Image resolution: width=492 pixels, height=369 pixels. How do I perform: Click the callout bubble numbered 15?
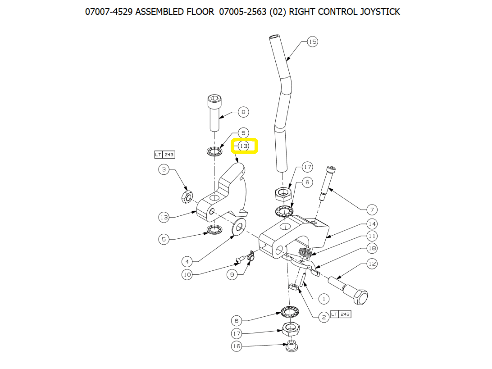[x=312, y=42]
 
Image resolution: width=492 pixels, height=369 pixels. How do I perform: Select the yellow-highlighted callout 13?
[x=244, y=146]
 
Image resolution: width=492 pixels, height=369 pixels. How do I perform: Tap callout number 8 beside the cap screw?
[x=243, y=112]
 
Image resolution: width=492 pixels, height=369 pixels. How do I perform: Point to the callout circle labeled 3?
[x=164, y=170]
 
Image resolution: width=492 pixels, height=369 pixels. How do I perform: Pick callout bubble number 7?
[x=372, y=210]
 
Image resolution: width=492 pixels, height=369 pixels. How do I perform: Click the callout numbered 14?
[x=372, y=224]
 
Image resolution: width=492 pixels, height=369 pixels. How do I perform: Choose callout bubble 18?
[x=372, y=248]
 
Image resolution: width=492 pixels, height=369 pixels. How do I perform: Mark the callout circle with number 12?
[x=372, y=264]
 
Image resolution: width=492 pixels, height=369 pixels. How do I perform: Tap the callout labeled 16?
[x=237, y=346]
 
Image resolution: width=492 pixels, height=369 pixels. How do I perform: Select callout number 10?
[x=187, y=275]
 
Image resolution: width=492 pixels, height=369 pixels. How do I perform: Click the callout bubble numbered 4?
[x=187, y=261]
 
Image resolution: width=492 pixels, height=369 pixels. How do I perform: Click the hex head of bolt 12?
[x=360, y=297]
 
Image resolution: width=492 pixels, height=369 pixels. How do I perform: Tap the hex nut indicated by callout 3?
[x=187, y=197]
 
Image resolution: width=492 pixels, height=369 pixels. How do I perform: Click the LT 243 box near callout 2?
[x=341, y=314]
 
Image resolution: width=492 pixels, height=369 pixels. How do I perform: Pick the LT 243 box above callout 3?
[x=165, y=155]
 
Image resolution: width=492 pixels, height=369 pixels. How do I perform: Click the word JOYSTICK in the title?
[x=380, y=12]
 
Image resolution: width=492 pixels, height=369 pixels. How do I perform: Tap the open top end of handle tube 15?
[x=274, y=36]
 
